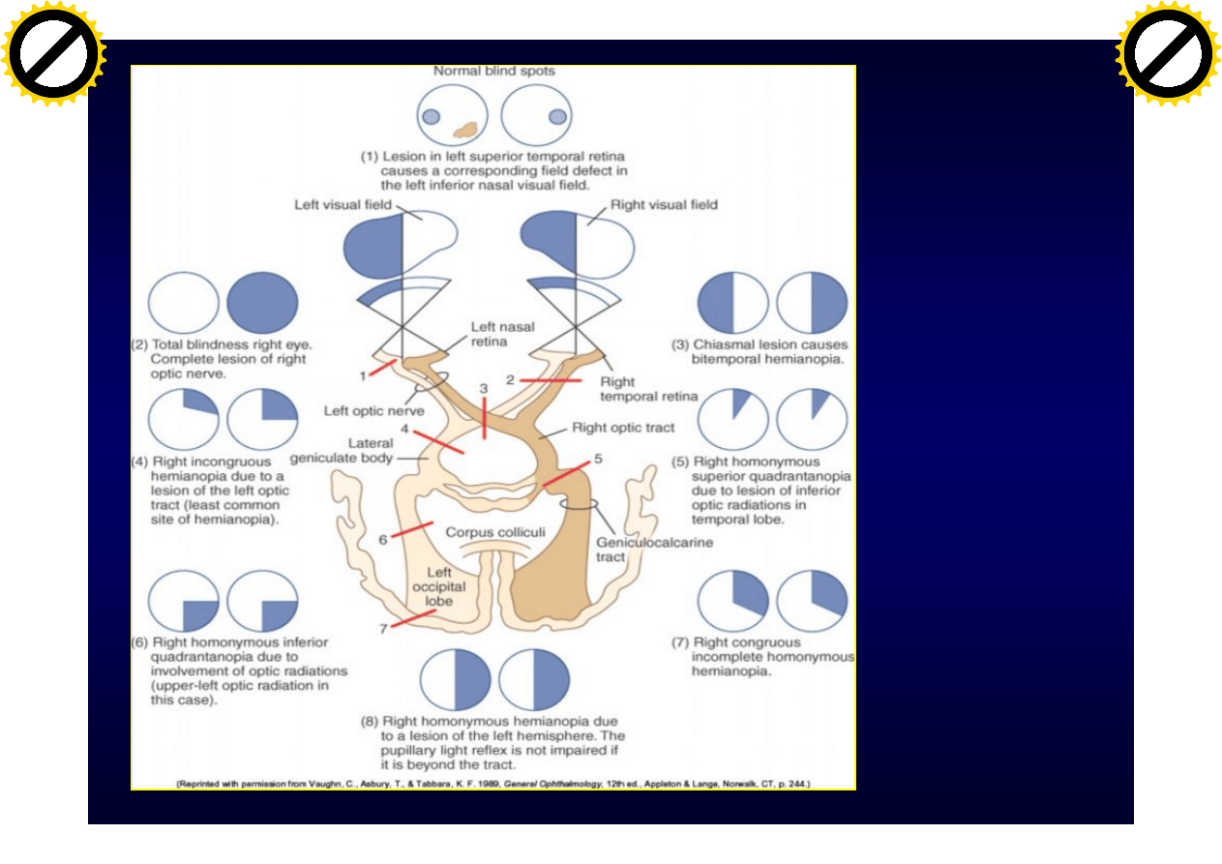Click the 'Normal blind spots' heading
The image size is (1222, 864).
pyautogui.click(x=493, y=71)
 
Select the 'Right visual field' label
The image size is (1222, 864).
pyautogui.click(x=664, y=205)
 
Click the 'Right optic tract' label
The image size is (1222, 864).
pyautogui.click(x=623, y=427)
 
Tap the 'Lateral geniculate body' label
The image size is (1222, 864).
pyautogui.click(x=356, y=451)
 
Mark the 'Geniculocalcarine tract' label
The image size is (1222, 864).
pyautogui.click(x=654, y=550)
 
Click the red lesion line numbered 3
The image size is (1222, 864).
pyautogui.click(x=485, y=424)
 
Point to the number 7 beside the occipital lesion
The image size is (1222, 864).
pyautogui.click(x=384, y=628)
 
